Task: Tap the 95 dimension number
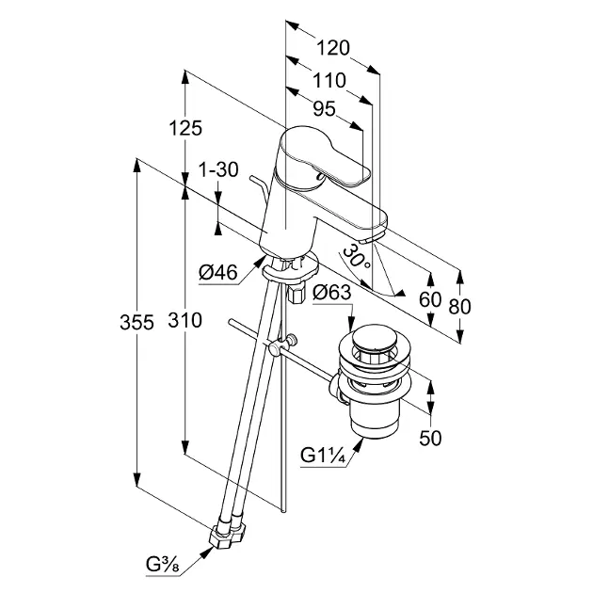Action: [324, 109]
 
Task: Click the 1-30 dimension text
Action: [217, 170]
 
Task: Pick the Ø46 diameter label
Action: [218, 274]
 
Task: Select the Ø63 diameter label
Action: [332, 292]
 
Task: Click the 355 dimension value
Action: [137, 322]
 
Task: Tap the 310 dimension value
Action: [185, 322]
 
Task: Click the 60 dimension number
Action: [430, 298]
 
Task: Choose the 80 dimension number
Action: [460, 306]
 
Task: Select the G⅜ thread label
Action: [162, 565]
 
